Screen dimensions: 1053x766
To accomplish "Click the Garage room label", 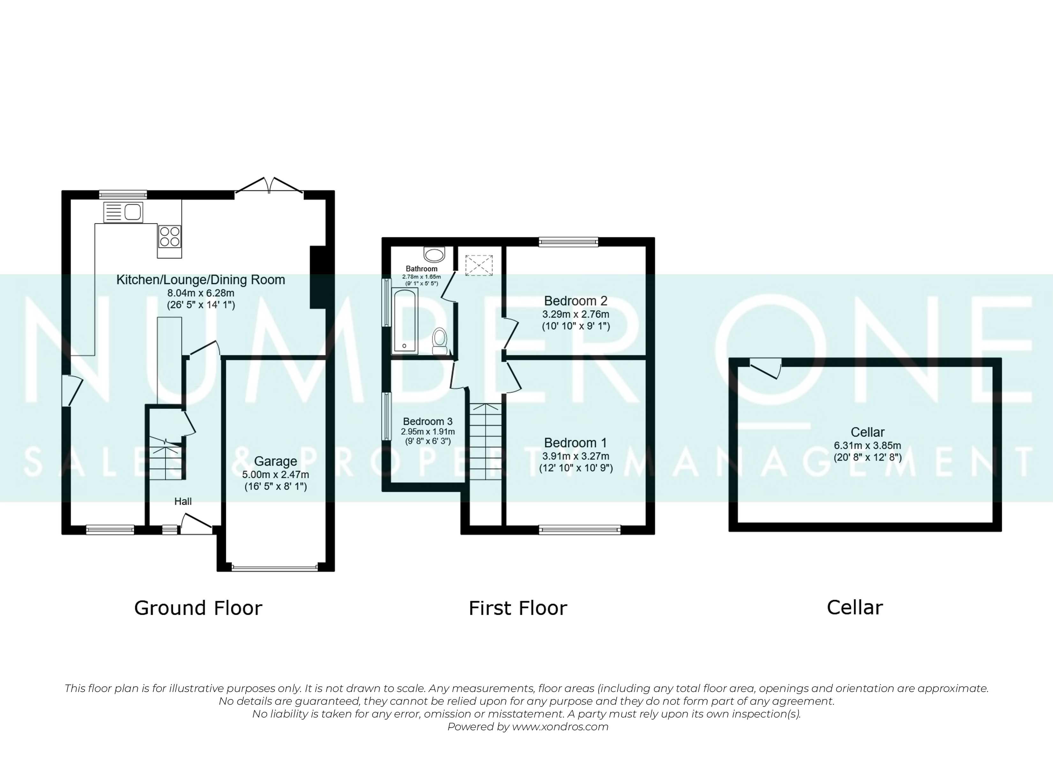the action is tap(275, 461).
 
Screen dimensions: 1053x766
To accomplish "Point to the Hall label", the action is tap(183, 501).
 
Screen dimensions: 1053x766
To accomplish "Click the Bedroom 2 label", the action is tap(576, 301).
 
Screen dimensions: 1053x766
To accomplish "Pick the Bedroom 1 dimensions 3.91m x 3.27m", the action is tap(576, 456).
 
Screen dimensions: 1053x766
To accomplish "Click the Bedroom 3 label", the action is tap(428, 421).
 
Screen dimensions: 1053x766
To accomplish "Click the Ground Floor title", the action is tap(198, 608).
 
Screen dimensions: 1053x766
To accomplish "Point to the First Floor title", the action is tap(518, 608).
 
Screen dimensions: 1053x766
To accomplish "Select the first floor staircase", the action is tap(486, 441).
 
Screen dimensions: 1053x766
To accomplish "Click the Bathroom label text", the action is tap(422, 268).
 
